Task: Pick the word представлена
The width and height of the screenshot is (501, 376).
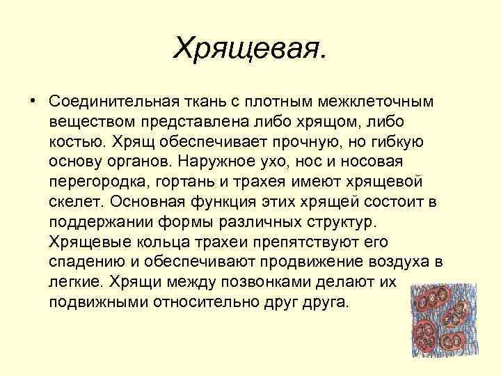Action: [178, 122]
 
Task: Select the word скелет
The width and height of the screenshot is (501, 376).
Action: [74, 203]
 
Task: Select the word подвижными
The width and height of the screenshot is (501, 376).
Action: [93, 304]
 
